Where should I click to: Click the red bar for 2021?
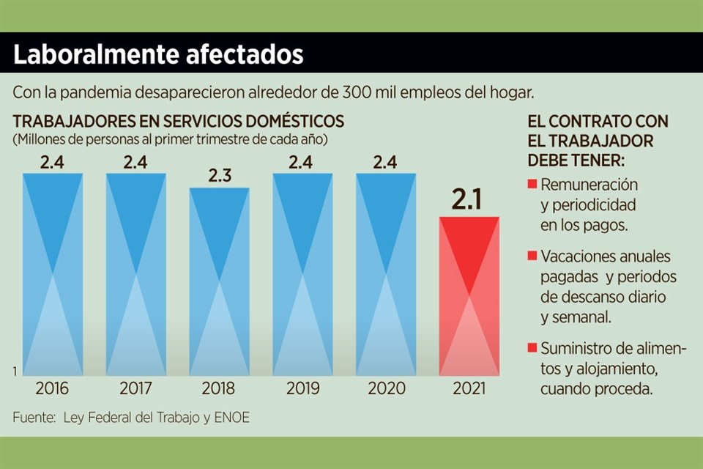[469, 295]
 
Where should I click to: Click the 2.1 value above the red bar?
[469, 199]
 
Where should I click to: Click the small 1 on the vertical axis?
[15, 372]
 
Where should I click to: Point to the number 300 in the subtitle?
[357, 93]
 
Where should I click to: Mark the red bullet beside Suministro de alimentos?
[532, 347]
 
